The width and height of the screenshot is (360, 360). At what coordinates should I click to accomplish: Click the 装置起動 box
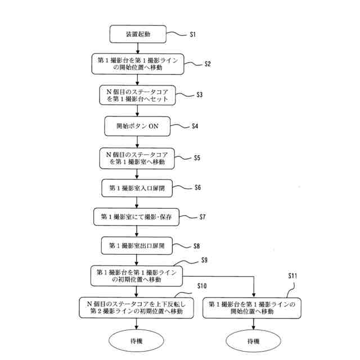coord(138,35)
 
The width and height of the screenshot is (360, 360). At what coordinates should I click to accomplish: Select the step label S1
coord(192,35)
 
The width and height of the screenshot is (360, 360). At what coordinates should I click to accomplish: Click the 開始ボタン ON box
coord(138,126)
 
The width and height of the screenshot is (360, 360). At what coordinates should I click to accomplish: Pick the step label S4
coord(195,126)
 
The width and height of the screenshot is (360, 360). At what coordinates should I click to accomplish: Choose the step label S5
coord(197,158)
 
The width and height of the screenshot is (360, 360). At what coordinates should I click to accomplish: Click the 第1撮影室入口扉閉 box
coord(138,187)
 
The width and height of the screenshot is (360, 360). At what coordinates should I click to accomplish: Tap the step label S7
coord(203,217)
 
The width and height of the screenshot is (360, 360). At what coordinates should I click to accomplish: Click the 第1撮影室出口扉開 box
coord(138,246)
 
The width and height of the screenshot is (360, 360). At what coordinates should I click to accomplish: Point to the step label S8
coord(196,246)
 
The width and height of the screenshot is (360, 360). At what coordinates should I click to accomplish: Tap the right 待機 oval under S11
coord(253,341)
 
